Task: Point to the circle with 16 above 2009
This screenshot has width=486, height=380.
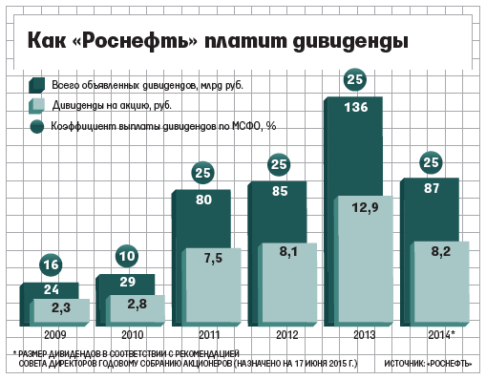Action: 52,264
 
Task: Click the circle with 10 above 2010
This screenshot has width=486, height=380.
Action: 127,255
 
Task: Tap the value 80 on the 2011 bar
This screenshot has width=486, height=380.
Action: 202,201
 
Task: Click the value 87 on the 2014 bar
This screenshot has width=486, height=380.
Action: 430,189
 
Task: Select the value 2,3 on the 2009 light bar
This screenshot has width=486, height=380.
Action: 60,307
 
